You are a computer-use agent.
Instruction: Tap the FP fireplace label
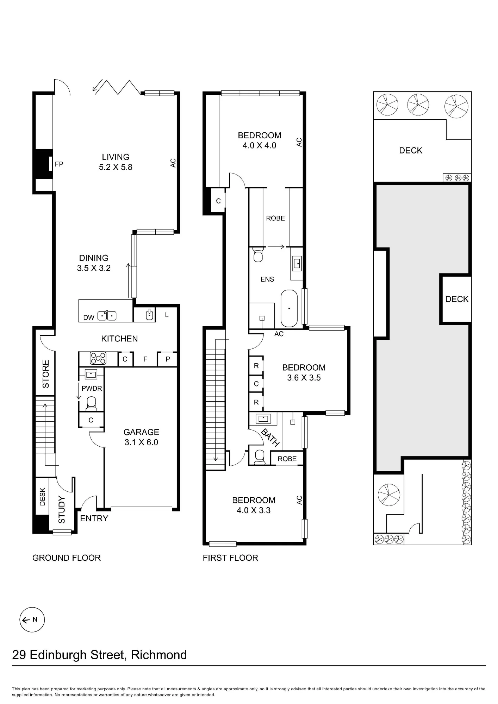click(59, 164)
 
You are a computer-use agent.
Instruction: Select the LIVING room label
click(116, 157)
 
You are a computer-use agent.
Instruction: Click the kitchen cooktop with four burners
click(98, 358)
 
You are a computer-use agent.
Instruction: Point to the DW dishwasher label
click(89, 318)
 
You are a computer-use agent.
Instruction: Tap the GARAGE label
click(141, 432)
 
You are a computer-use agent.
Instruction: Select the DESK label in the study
click(43, 497)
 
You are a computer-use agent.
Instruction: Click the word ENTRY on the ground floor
click(94, 518)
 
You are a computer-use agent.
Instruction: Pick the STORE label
click(46, 374)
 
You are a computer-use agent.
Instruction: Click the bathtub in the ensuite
click(289, 308)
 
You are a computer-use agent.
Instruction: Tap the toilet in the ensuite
click(258, 255)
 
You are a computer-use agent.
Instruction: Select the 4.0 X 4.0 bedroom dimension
click(260, 146)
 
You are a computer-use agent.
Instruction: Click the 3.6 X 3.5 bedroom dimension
click(304, 378)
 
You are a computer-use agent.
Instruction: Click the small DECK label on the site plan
click(457, 299)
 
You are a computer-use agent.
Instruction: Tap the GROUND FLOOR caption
click(67, 558)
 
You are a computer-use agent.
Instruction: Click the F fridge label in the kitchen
click(145, 359)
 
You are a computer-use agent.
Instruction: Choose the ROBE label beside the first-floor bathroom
click(287, 459)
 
